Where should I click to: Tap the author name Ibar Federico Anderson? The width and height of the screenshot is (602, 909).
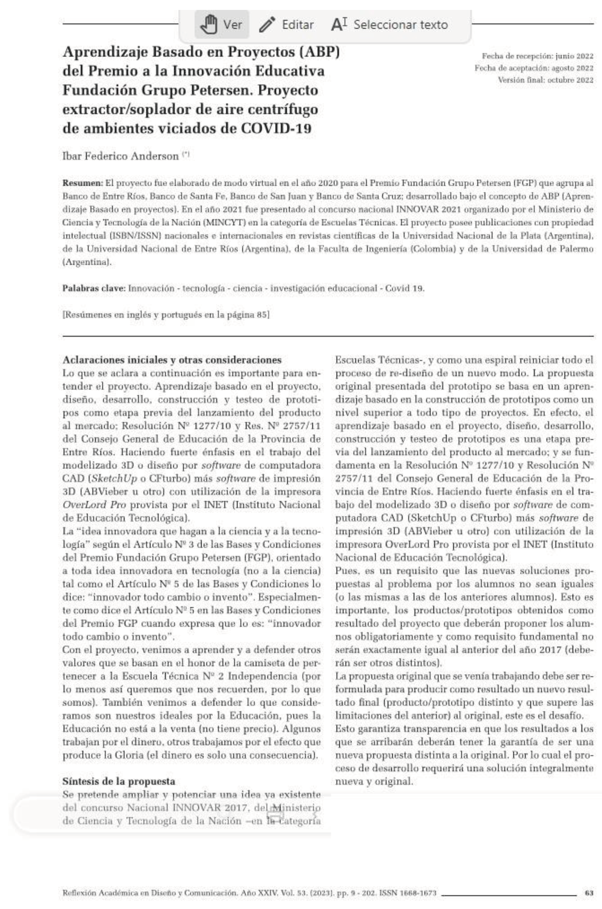[120, 156]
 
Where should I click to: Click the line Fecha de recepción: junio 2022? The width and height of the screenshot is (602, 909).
[538, 56]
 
